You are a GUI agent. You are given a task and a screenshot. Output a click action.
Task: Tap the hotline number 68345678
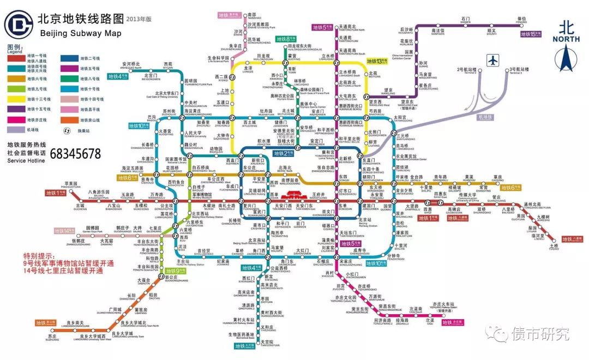[x=75, y=153]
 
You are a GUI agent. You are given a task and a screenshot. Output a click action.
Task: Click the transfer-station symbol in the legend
[x=67, y=130]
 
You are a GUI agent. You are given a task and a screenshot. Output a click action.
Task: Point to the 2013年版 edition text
[x=139, y=19]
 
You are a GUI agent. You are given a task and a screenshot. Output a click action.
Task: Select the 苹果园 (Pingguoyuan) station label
[x=72, y=184]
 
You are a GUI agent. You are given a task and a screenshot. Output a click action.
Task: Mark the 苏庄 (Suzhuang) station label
[x=52, y=338]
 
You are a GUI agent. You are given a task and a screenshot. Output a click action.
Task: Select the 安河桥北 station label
[x=131, y=64]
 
